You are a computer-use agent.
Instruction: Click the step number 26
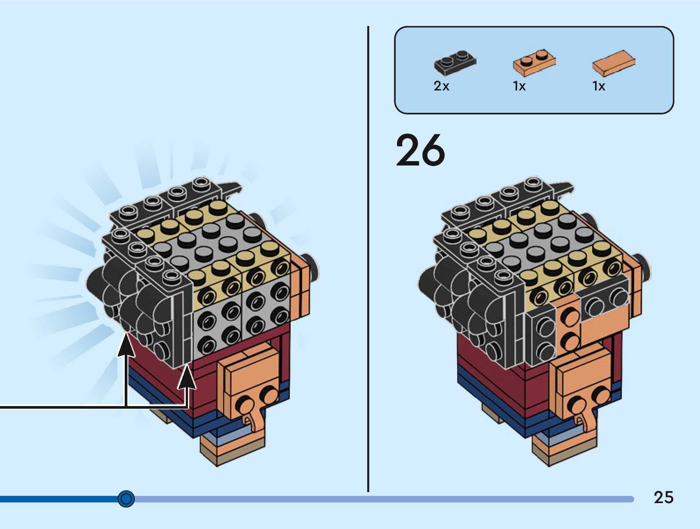[x=420, y=151]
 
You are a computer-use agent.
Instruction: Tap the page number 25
[x=663, y=497]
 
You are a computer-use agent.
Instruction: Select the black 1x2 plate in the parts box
[x=455, y=62]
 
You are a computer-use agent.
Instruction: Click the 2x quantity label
[x=441, y=86]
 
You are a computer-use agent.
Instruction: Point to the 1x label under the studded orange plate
[x=519, y=86]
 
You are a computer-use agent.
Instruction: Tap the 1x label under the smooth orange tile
[x=599, y=86]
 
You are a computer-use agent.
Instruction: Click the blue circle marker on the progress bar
[x=126, y=499]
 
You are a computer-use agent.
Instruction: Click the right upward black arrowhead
[x=187, y=378]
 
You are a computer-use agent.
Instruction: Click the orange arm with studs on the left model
[x=248, y=386]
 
